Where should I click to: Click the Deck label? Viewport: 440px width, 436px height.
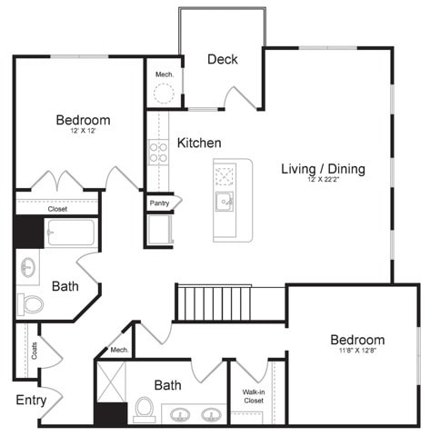click(222, 59)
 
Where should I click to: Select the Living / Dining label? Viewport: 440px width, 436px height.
click(323, 168)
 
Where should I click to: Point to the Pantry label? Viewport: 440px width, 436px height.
click(159, 203)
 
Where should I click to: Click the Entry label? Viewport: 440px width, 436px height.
click(31, 400)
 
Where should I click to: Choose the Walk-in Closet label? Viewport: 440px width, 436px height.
click(253, 396)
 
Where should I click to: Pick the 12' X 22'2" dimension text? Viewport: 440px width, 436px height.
click(323, 181)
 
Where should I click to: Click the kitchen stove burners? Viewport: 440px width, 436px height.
click(158, 152)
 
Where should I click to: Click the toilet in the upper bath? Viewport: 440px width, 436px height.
click(31, 303)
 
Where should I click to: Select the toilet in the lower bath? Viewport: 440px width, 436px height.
click(144, 410)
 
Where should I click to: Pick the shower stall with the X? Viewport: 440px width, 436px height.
click(111, 381)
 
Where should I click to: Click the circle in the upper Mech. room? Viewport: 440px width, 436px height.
click(164, 93)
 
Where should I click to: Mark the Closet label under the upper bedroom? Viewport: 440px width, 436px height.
click(57, 209)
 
